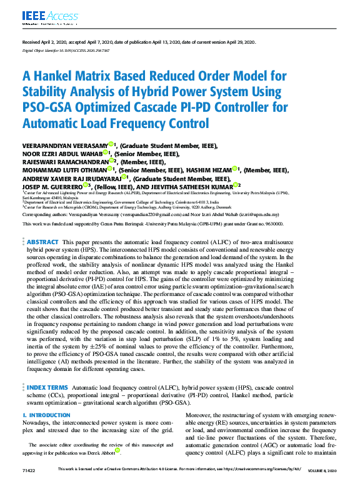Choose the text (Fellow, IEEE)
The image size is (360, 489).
tap(121, 185)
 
